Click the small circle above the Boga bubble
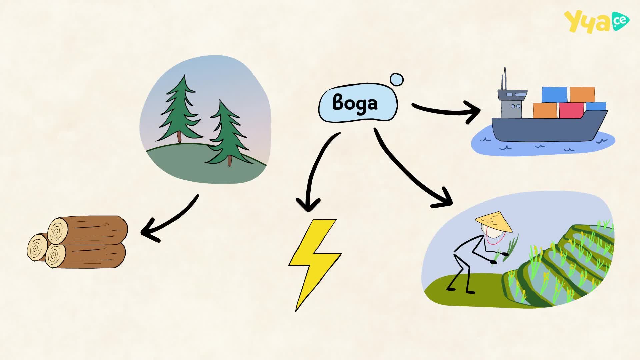397,80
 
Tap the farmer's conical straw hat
494,221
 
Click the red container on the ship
571,110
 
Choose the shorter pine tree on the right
228,133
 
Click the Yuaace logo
596,21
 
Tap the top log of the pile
88,230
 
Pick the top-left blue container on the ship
554,95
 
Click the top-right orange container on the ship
582,95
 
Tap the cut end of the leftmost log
37,247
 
